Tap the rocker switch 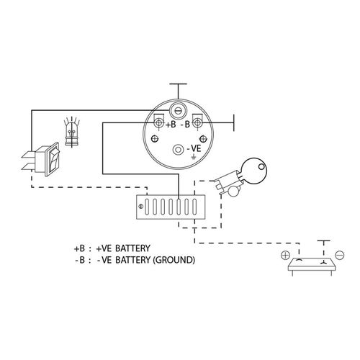pos(45,160)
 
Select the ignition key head pos(254,171)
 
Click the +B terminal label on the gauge pos(171,125)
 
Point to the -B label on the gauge pos(185,125)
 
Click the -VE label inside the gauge pos(194,149)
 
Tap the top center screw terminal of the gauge pos(178,110)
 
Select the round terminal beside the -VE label pos(178,150)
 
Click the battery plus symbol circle pos(285,255)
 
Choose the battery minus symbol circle pos(340,255)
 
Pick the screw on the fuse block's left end pos(141,206)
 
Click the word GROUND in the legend pos(174,260)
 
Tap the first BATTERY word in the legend pos(132,248)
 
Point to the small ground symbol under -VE pos(193,157)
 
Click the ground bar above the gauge pos(178,84)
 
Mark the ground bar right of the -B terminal pos(234,123)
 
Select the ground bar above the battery pos(323,240)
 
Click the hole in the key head pos(261,166)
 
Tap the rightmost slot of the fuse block pos(194,207)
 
